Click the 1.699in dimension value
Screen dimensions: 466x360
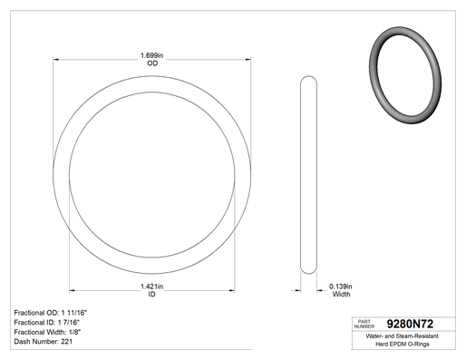(x=151, y=55)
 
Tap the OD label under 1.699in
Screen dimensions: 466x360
(x=152, y=63)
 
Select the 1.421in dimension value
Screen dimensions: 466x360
(x=151, y=287)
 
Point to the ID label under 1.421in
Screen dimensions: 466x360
(x=151, y=294)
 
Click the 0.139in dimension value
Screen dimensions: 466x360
(x=341, y=287)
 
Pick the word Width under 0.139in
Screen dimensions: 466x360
(x=341, y=294)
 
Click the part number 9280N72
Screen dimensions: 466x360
(x=410, y=324)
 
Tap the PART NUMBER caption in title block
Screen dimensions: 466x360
(x=364, y=324)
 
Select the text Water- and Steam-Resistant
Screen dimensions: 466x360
(x=402, y=336)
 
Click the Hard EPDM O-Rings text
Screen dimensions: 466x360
(x=403, y=345)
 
